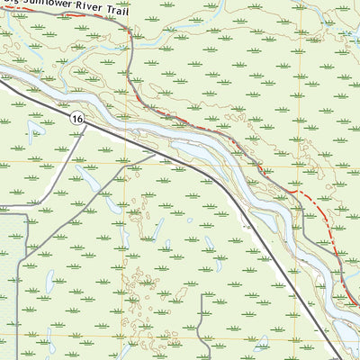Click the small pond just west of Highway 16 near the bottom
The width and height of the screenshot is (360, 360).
[262, 343]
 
